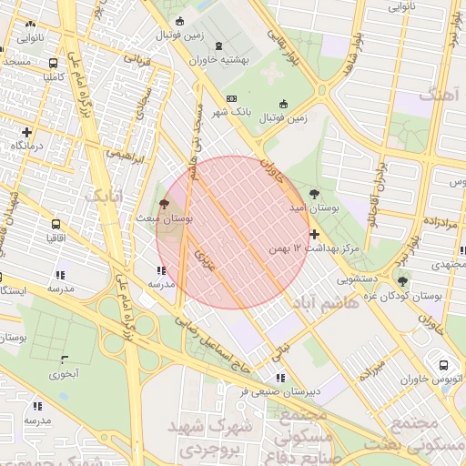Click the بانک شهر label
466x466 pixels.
(x=231, y=112)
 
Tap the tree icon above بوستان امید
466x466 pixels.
(x=314, y=194)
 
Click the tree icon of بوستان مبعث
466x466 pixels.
(x=165, y=205)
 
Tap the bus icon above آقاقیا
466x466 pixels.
(x=56, y=223)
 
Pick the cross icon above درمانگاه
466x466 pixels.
(x=26, y=132)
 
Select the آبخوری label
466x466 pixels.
(x=64, y=372)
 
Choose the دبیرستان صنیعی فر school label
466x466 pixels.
(x=280, y=391)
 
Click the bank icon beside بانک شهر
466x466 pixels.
(x=231, y=98)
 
